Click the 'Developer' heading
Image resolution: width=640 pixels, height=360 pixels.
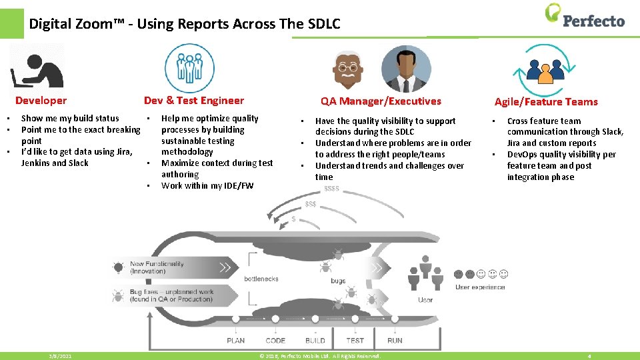[x=41, y=101]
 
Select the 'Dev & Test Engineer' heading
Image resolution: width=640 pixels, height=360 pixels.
[x=194, y=101]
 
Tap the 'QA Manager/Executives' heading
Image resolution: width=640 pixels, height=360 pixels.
[x=381, y=101]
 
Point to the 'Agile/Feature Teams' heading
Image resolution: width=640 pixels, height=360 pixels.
[x=546, y=102]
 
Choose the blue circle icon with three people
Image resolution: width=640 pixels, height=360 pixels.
[x=189, y=68]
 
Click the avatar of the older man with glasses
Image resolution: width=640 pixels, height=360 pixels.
[x=347, y=68]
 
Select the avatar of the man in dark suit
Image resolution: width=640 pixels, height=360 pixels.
[x=406, y=69]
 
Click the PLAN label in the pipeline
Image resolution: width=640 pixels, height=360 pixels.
[x=235, y=341]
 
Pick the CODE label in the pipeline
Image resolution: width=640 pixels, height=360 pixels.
[x=275, y=341]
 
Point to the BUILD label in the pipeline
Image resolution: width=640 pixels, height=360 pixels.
[x=315, y=341]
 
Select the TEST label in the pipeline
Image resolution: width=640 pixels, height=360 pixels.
[x=355, y=341]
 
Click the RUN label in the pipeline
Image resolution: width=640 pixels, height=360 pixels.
[x=395, y=341]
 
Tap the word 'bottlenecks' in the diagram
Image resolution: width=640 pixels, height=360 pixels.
[x=261, y=279]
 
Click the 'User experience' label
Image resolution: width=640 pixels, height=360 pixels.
[x=480, y=287]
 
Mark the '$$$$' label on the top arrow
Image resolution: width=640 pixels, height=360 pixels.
[x=331, y=189]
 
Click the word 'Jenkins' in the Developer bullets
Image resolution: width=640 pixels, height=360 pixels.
[x=35, y=163]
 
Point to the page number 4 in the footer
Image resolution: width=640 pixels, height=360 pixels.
[x=589, y=357]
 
